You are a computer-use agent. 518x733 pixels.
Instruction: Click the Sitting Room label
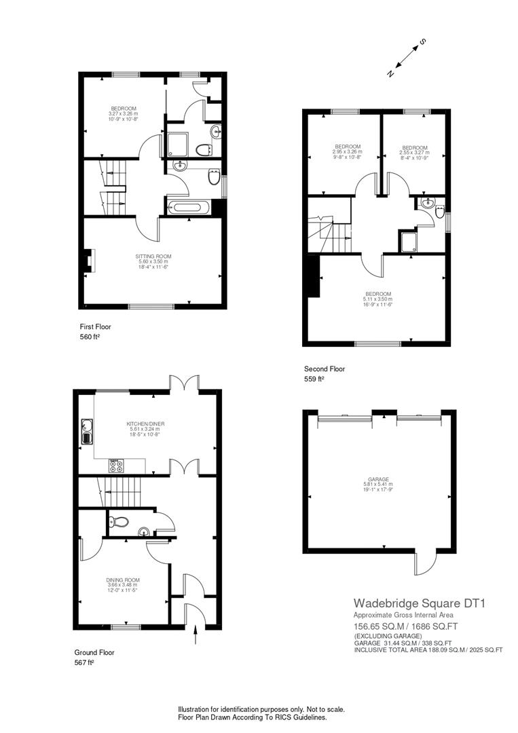click(x=153, y=260)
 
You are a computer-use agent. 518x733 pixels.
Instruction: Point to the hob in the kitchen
click(x=116, y=466)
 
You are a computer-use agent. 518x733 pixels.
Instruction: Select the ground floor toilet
click(x=120, y=522)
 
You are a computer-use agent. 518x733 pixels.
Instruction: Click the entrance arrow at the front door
click(x=197, y=635)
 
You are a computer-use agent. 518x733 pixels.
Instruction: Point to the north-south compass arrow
click(x=405, y=58)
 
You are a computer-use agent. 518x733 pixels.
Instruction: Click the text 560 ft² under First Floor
click(x=90, y=337)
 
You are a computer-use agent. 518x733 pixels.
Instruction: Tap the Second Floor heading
click(x=325, y=369)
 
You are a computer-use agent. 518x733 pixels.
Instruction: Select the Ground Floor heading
click(x=94, y=652)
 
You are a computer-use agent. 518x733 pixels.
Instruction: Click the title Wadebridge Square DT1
click(x=419, y=603)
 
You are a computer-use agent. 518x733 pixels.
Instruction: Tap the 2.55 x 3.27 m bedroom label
click(x=414, y=151)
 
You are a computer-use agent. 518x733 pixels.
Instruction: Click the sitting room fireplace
click(x=88, y=261)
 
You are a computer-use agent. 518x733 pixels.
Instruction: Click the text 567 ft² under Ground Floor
click(x=84, y=662)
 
